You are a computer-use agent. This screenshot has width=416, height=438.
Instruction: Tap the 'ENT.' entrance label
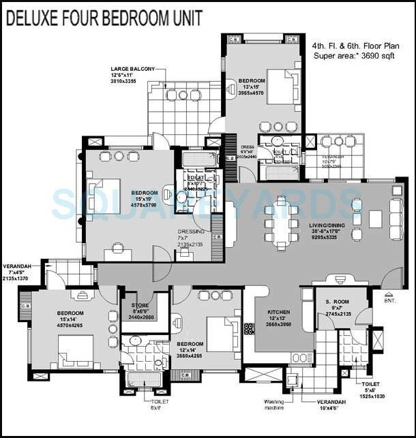pos(390,300)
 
